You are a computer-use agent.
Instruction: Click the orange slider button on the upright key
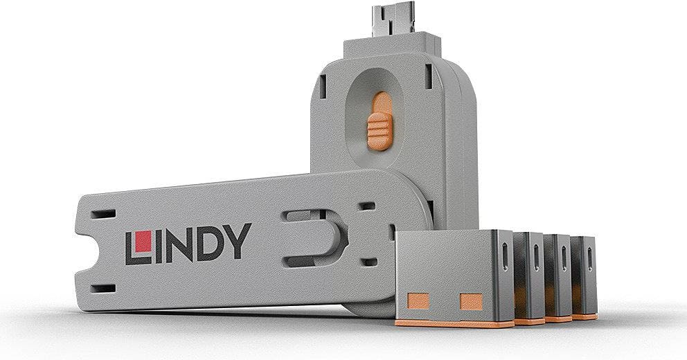(x=380, y=121)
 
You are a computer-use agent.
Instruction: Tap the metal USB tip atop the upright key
(x=393, y=21)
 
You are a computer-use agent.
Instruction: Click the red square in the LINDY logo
(x=143, y=242)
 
